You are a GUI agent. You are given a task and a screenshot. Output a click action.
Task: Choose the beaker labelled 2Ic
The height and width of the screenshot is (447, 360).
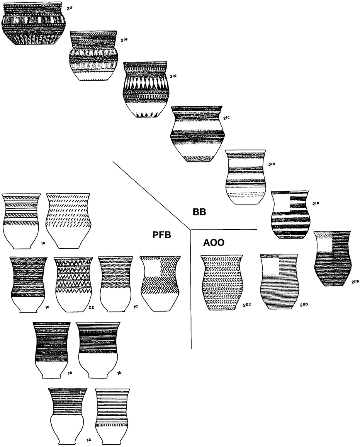click(x=197, y=133)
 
